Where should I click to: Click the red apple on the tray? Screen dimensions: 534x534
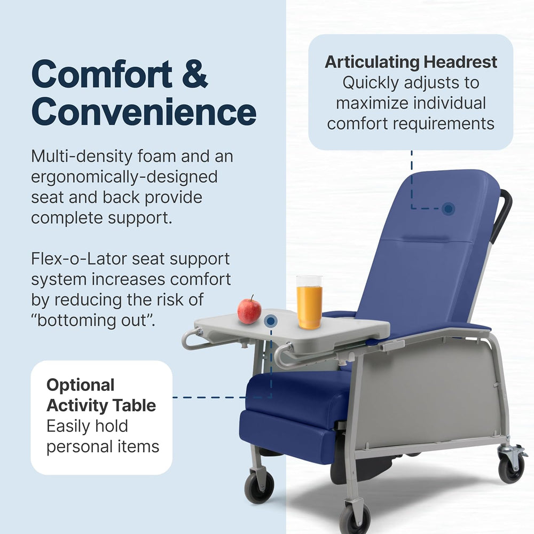pos(249,310)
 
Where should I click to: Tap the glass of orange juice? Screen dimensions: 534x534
pos(309,302)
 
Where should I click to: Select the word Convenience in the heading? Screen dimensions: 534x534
pos(144,112)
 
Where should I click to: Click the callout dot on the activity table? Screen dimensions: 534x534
pos(271,321)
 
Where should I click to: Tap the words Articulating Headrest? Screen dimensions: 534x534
pos(411,62)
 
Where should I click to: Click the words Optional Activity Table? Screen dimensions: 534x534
pos(101,395)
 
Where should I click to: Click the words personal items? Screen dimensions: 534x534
pos(103,446)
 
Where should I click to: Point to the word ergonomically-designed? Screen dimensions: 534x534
pos(124,177)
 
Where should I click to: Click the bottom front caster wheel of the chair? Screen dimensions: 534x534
pos(355,518)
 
